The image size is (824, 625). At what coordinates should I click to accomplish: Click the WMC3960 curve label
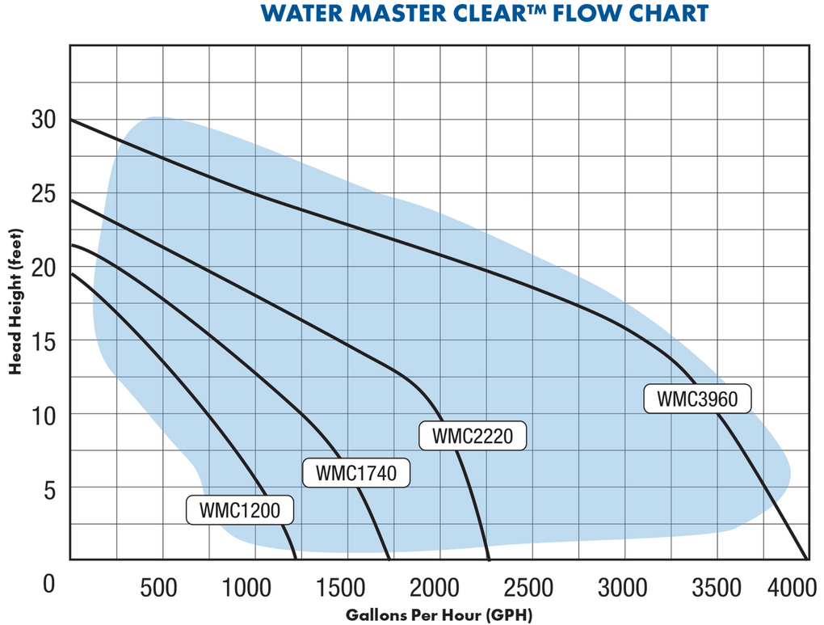click(698, 399)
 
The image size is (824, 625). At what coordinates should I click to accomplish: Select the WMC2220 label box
click(473, 436)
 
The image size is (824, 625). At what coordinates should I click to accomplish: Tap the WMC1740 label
click(356, 473)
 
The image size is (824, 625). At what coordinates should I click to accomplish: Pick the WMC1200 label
click(239, 510)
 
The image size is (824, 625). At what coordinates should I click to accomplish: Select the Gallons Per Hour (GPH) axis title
click(439, 614)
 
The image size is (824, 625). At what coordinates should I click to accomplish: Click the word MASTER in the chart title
click(385, 14)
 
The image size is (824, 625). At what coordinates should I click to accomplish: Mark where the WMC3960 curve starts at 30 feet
click(71, 120)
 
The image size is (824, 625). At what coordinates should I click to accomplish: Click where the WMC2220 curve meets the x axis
click(490, 560)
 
